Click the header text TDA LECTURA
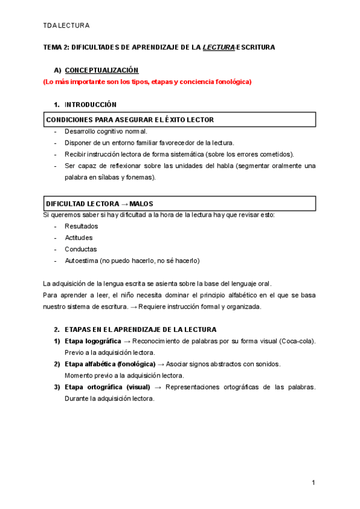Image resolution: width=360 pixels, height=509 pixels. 67,25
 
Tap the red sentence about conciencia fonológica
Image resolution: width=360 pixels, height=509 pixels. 147,82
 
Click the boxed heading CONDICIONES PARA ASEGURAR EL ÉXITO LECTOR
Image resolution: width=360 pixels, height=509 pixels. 130,119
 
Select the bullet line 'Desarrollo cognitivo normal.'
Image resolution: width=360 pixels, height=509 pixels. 106,131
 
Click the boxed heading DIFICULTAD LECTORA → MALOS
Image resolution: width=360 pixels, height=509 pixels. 103,203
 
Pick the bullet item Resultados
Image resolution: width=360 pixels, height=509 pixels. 81,226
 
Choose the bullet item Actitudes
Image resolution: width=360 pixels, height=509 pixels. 79,238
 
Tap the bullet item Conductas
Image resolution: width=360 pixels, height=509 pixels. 80,249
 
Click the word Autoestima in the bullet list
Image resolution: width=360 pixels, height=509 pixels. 82,261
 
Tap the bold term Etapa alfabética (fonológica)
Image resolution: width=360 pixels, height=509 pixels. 110,364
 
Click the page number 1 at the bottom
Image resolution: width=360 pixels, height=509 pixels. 313,483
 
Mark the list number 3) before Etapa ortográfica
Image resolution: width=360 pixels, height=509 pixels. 57,387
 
